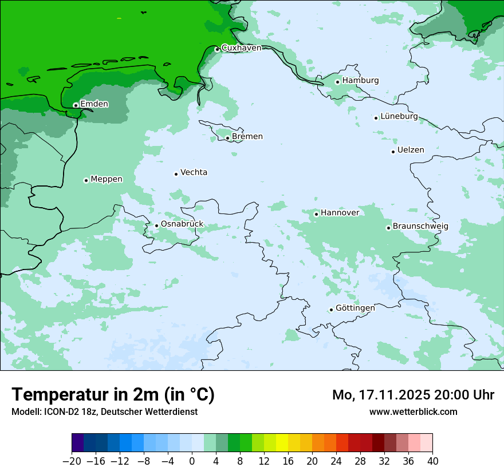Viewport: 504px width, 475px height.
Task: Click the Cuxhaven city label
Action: coord(241,48)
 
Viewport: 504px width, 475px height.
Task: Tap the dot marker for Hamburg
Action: coord(338,82)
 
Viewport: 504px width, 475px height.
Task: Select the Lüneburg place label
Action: coord(399,116)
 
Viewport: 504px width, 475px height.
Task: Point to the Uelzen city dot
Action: coord(393,152)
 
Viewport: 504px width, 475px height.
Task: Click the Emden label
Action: coord(94,104)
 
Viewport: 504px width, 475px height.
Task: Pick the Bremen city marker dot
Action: coord(227,138)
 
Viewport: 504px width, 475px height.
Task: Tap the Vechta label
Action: coord(194,172)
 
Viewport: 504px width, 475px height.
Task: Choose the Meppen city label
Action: coord(107,179)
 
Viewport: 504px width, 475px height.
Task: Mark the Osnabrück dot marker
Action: coord(156,225)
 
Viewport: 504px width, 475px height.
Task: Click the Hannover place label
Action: coord(340,213)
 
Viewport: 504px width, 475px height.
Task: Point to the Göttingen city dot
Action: coord(331,310)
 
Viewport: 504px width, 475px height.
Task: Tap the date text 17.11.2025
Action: coord(396,395)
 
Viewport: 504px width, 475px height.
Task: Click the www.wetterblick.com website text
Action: coord(414,411)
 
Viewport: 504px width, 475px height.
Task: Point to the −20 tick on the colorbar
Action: coord(72,461)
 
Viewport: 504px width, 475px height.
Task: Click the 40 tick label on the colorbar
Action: coord(432,461)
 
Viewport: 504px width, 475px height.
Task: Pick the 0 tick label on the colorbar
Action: coord(192,461)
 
